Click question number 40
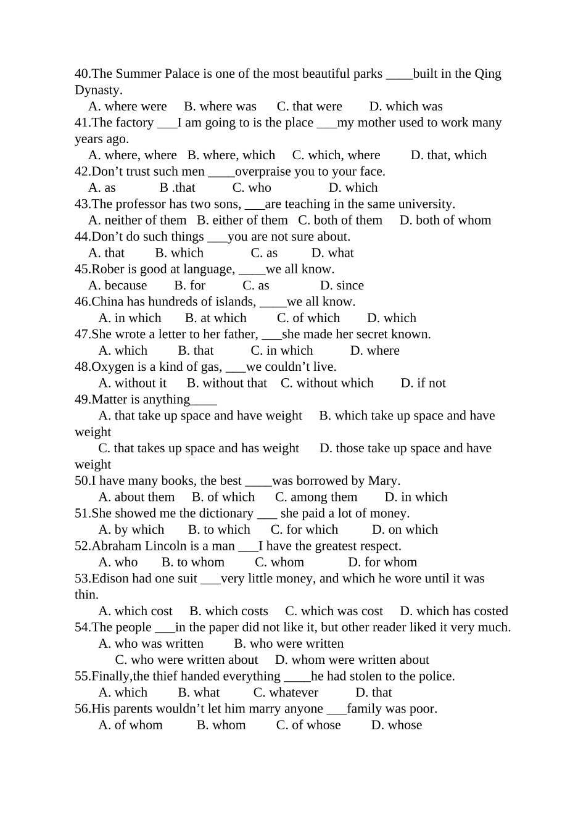coord(82,74)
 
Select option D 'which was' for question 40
coord(405,107)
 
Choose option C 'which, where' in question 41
coord(336,155)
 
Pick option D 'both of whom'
coord(445,220)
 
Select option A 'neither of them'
coord(137,220)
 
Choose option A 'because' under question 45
coord(117,286)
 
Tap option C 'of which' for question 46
coord(308,318)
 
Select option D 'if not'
coord(423,383)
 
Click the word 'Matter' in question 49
coord(109,400)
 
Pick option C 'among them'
coord(316,497)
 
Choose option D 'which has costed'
coord(453,611)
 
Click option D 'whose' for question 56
coord(396,726)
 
